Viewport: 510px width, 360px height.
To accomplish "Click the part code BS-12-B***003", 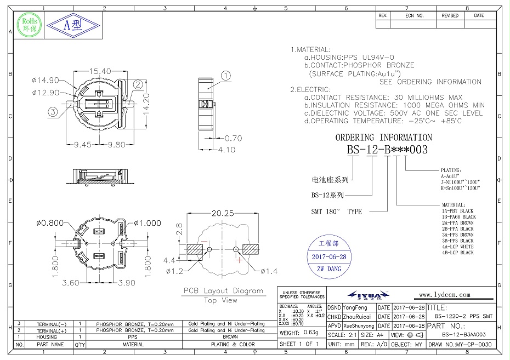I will tap(387, 149).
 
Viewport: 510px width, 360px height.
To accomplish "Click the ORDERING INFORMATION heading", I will tap(383, 138).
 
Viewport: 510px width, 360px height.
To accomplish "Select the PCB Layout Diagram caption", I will tap(223, 291).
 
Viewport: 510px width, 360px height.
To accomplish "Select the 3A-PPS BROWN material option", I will tap(457, 235).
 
